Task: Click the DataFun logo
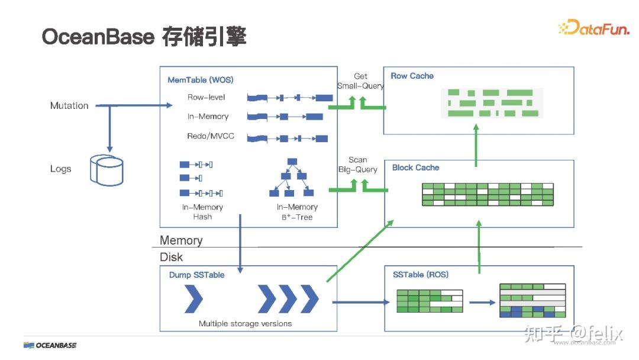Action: [x=594, y=27]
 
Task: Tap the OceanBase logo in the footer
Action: [x=50, y=345]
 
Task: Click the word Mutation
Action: [x=69, y=105]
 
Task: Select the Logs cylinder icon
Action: [x=107, y=169]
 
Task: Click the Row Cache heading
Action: [x=412, y=76]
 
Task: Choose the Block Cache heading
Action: [x=415, y=168]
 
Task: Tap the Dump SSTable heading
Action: [x=196, y=275]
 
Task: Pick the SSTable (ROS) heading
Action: [x=421, y=274]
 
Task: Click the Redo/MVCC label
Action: [x=211, y=136]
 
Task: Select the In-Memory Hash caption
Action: [x=202, y=212]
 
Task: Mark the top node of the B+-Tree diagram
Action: [x=292, y=162]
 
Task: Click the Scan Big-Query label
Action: [x=358, y=165]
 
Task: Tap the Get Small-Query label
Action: [x=360, y=81]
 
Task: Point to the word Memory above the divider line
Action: [x=181, y=240]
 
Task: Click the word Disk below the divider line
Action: [x=172, y=257]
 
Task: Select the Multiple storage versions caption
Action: [x=245, y=323]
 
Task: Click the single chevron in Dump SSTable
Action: [x=193, y=299]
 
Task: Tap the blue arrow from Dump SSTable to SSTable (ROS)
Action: [x=361, y=302]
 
